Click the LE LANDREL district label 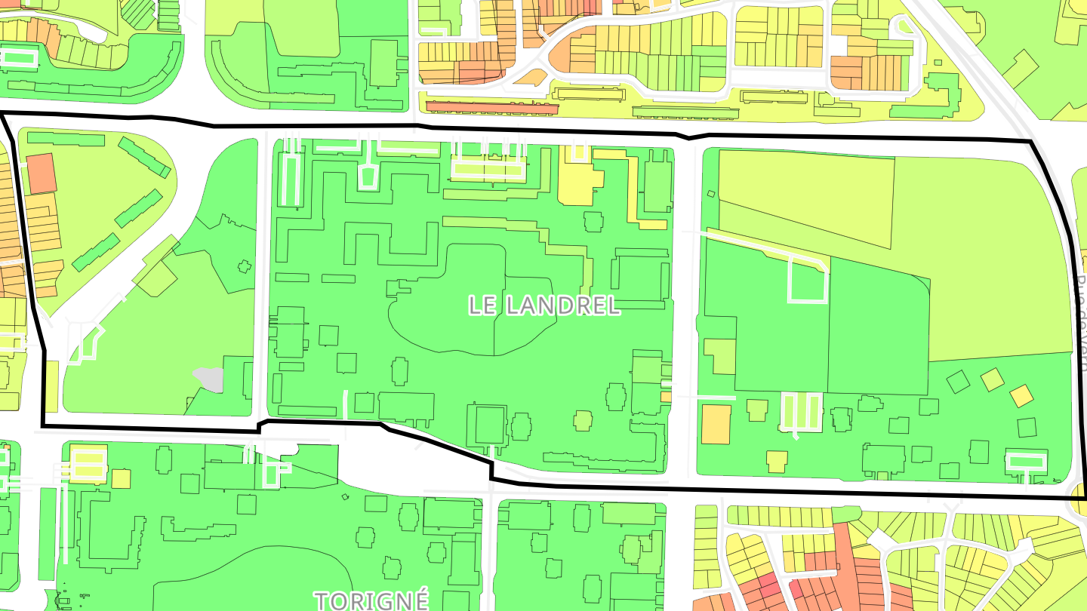pyautogui.click(x=543, y=305)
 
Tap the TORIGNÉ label pyautogui.click(x=371, y=600)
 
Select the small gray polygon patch pyautogui.click(x=209, y=379)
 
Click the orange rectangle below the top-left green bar pyautogui.click(x=42, y=173)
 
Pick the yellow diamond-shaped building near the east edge pyautogui.click(x=1021, y=395)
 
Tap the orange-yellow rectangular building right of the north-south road pyautogui.click(x=716, y=424)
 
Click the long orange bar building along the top pyautogui.click(x=491, y=107)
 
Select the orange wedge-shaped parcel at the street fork pyautogui.click(x=532, y=78)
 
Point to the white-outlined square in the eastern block pyautogui.click(x=808, y=280)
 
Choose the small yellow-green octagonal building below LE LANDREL pyautogui.click(x=583, y=420)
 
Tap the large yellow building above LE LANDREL pyautogui.click(x=577, y=181)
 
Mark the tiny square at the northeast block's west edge pyautogui.click(x=710, y=194)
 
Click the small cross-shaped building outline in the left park pyautogui.click(x=244, y=266)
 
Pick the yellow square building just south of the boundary pyautogui.click(x=121, y=478)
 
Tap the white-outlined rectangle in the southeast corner pyautogui.click(x=1027, y=460)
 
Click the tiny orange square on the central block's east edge pyautogui.click(x=666, y=396)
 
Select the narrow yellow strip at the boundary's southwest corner pyautogui.click(x=51, y=386)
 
